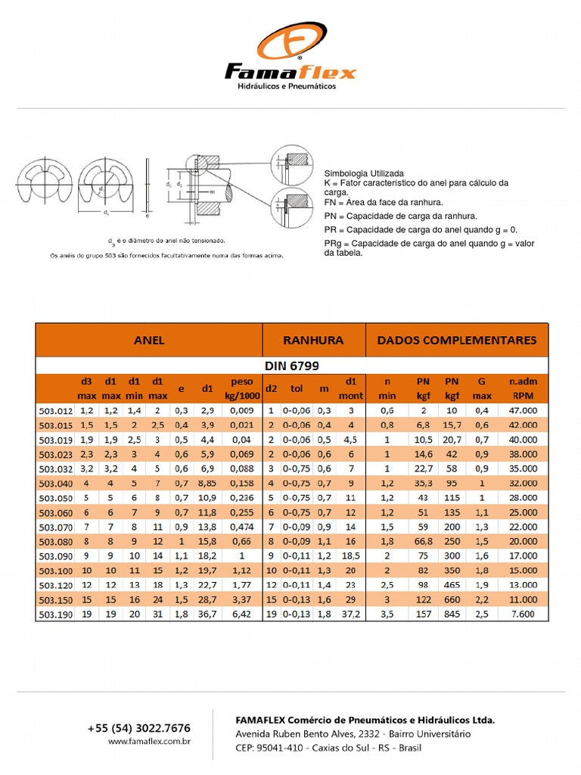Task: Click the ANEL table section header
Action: tap(149, 341)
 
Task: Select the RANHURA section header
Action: tap(313, 341)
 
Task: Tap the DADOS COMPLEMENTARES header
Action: tap(457, 341)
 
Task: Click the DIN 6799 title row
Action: tap(291, 366)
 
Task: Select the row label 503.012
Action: tap(55, 410)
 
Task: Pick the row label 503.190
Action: tap(55, 615)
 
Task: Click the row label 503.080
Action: tap(55, 542)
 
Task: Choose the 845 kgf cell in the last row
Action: tap(452, 615)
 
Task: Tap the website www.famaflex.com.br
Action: tap(148, 742)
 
